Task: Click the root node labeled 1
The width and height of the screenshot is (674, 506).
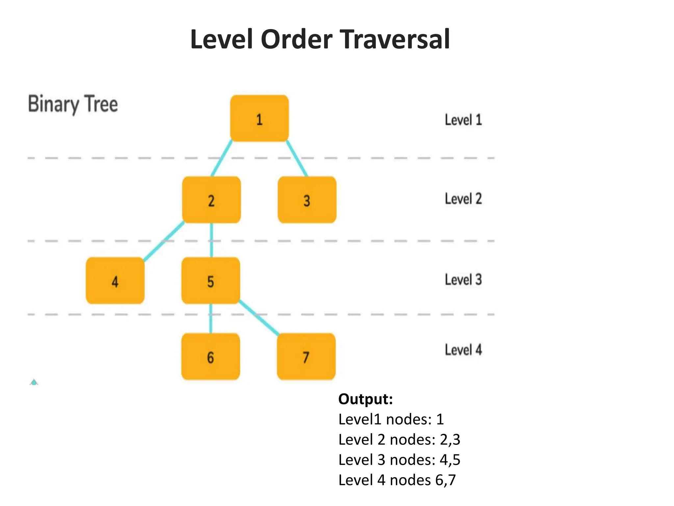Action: (259, 119)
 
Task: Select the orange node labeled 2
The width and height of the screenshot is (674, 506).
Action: (211, 200)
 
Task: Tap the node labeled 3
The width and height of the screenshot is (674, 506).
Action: (307, 200)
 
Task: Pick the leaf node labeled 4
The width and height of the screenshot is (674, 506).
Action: (115, 281)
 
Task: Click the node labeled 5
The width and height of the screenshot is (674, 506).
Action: (211, 281)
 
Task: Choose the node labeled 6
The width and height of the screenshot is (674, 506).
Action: (211, 356)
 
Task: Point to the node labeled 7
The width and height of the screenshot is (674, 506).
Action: (306, 356)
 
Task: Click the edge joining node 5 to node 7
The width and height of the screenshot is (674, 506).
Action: (259, 318)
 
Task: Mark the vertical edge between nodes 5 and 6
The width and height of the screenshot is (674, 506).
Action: (211, 318)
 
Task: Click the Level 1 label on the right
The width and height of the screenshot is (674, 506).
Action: (463, 120)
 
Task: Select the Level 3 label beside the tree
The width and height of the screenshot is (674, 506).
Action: (463, 279)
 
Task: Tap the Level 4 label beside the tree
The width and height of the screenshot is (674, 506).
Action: (463, 350)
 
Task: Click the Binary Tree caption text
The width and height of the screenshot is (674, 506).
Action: (73, 104)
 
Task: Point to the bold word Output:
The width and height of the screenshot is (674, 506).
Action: (366, 399)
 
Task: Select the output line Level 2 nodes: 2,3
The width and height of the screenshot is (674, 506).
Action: (399, 439)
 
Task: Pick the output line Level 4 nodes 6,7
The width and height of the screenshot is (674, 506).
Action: (397, 480)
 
